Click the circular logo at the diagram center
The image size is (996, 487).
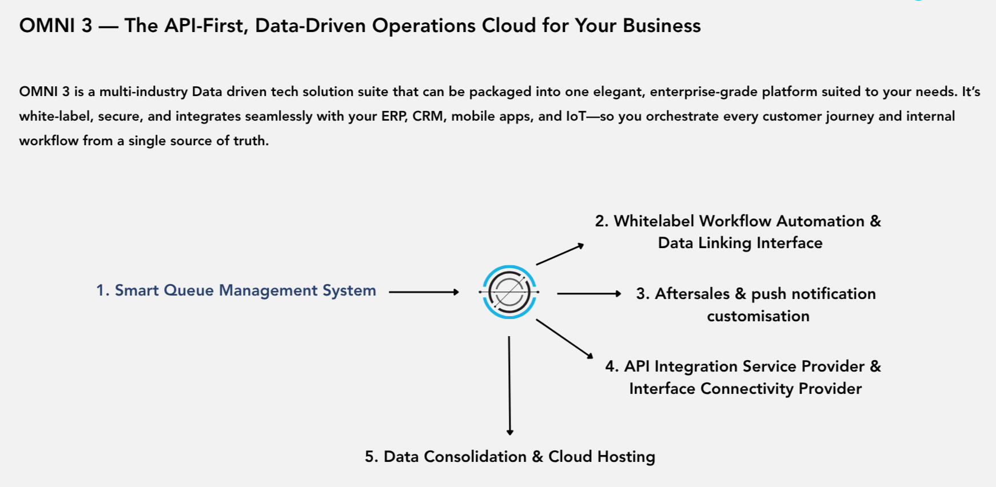[x=509, y=292]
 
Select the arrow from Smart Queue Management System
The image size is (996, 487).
[x=424, y=292]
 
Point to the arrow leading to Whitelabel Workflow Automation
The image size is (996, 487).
[x=560, y=254]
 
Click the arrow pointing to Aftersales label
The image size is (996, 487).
[x=589, y=293]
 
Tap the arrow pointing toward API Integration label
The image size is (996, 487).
[x=564, y=338]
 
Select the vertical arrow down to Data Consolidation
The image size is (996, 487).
[x=509, y=386]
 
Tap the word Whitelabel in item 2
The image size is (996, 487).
[x=654, y=221]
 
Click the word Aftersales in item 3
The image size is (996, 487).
[x=692, y=294]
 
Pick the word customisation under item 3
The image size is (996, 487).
[x=758, y=316]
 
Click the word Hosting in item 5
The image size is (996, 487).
[x=626, y=457]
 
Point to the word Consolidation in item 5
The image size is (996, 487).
[x=475, y=457]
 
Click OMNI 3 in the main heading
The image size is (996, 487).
[x=55, y=26]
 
